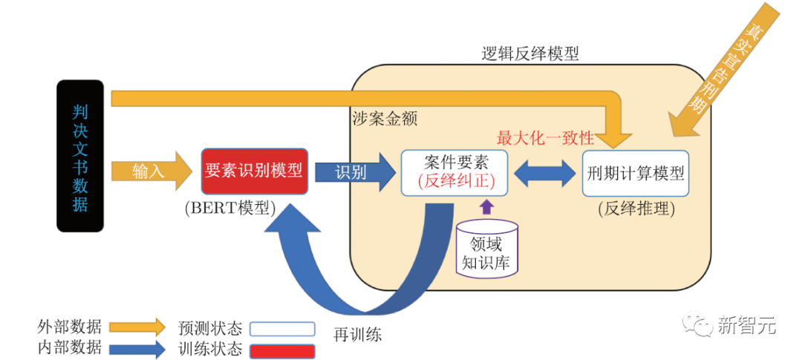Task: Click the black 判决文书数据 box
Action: [80, 157]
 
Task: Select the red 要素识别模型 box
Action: [254, 171]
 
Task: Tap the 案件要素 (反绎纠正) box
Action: [455, 172]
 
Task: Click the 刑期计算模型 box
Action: [636, 173]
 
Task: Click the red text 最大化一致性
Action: [545, 138]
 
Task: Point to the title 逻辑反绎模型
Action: [529, 53]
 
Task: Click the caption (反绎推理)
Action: [636, 209]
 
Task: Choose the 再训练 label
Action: [357, 334]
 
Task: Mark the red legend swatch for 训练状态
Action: [282, 350]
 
